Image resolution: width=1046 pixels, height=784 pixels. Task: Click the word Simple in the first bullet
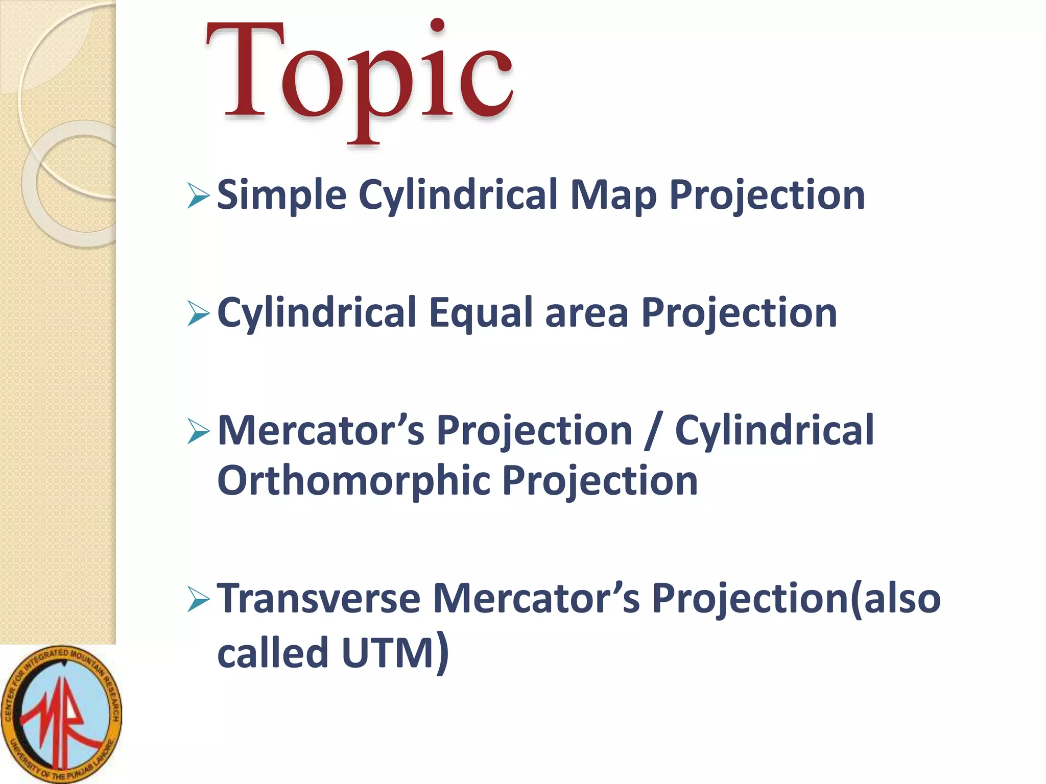point(281,195)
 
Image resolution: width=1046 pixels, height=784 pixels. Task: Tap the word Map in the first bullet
point(613,195)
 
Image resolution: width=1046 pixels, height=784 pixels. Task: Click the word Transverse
point(319,598)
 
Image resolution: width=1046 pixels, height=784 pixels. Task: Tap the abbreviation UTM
point(388,653)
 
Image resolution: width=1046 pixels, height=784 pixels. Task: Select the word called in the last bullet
point(272,653)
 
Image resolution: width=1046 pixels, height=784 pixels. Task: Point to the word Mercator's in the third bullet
point(321,431)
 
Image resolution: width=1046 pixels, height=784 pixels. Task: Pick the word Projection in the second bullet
point(739,313)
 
